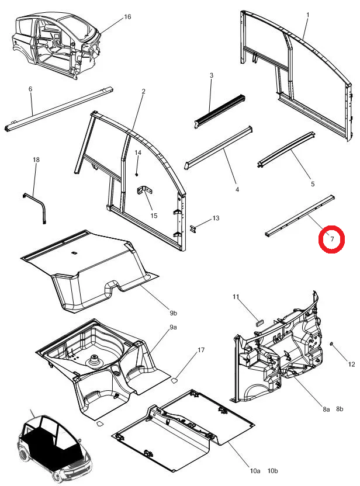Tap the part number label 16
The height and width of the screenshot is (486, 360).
(x=127, y=17)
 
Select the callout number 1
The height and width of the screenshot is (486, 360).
(x=308, y=15)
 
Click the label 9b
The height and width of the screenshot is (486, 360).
(x=174, y=313)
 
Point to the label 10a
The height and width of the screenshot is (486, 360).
(x=255, y=471)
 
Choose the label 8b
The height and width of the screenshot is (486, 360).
(x=340, y=409)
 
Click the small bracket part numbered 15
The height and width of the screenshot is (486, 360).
(x=144, y=190)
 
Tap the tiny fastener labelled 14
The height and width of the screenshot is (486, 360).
(x=136, y=175)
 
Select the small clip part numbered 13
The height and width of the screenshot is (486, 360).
(x=193, y=229)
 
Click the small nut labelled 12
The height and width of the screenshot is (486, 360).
(x=331, y=343)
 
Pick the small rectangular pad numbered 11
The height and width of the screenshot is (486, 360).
(x=259, y=322)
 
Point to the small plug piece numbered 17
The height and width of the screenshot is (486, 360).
(x=175, y=380)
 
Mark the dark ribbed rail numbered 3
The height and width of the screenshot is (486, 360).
(x=220, y=111)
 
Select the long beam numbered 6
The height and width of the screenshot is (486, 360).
(x=59, y=109)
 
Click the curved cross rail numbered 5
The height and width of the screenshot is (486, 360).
(x=286, y=150)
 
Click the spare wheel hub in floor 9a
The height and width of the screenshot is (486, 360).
(x=94, y=361)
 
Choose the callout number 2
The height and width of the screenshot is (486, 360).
(x=143, y=92)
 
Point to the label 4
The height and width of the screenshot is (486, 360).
(x=237, y=189)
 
